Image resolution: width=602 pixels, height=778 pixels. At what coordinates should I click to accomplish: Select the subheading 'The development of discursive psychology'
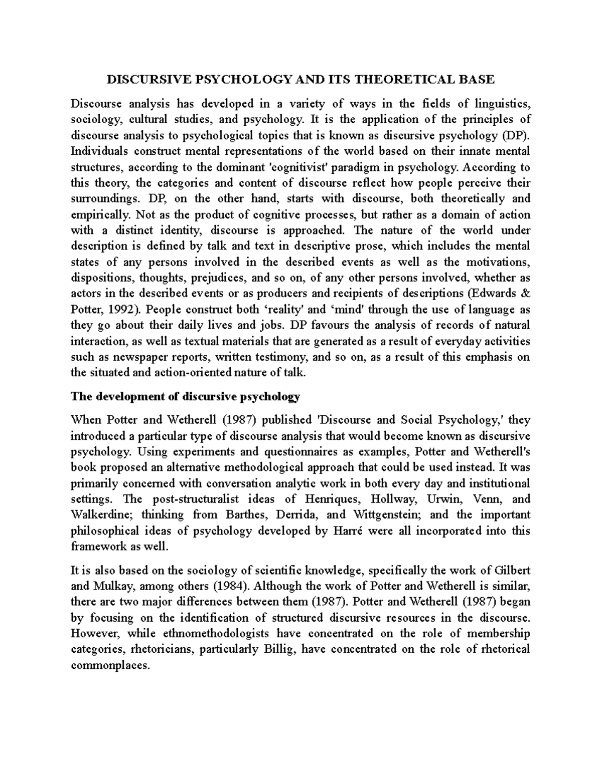(x=186, y=397)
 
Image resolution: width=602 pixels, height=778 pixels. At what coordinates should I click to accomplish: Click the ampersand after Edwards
(x=525, y=294)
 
